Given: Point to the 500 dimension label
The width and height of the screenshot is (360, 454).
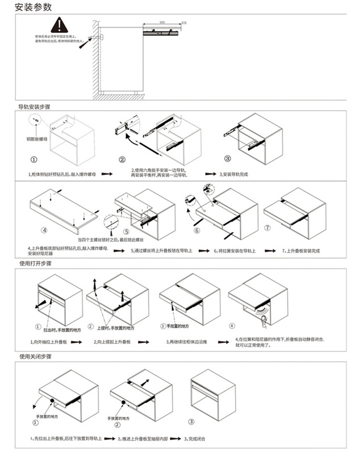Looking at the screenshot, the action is click(x=162, y=22).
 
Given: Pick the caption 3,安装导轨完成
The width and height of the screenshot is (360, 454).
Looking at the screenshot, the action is click(x=237, y=174).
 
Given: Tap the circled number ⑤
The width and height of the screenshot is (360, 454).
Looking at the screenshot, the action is click(x=126, y=231).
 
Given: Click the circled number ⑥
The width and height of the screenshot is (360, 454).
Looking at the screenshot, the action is click(x=196, y=231).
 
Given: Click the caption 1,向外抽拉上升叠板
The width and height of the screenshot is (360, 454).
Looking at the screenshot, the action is click(x=52, y=342).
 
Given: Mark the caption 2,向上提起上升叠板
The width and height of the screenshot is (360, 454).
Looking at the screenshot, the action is click(x=114, y=342).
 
